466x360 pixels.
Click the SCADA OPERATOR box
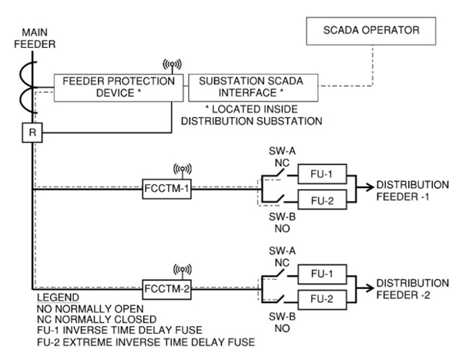click(x=372, y=32)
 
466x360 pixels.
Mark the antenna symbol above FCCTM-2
click(x=182, y=271)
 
